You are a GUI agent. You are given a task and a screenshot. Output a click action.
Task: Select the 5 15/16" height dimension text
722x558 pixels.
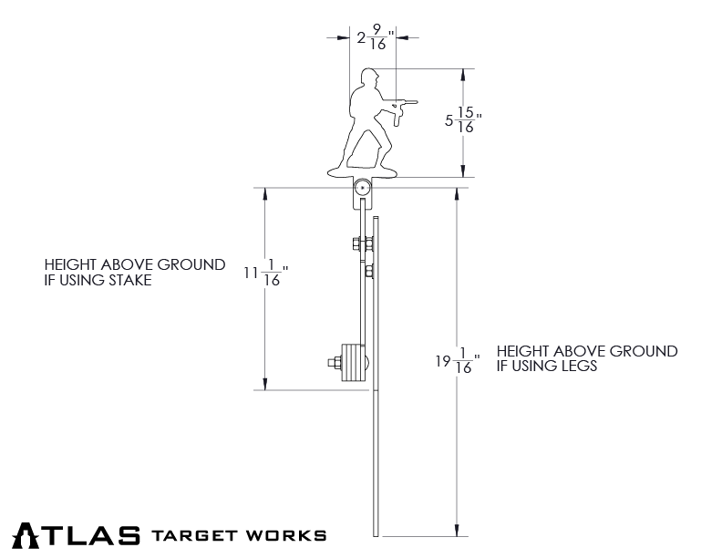pyautogui.click(x=464, y=121)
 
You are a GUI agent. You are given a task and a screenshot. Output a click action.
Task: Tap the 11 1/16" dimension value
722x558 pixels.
pyautogui.click(x=266, y=274)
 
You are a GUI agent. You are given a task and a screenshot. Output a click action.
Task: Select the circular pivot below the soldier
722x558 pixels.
pyautogui.click(x=363, y=190)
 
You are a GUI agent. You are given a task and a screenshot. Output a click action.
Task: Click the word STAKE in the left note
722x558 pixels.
pyautogui.click(x=129, y=281)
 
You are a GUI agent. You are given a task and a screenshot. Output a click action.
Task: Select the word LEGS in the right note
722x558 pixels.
pyautogui.click(x=577, y=366)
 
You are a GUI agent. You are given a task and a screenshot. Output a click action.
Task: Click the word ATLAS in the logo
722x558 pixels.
pyautogui.click(x=77, y=535)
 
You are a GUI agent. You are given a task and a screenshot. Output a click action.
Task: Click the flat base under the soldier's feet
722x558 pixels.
pyautogui.click(x=363, y=172)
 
